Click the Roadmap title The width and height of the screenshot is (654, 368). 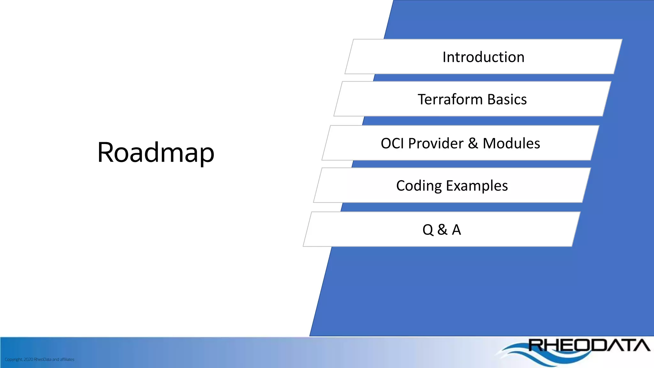point(156,152)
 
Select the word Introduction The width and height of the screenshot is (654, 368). point(483,57)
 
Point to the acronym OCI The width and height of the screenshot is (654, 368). point(392,143)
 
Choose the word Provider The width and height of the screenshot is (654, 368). point(436,143)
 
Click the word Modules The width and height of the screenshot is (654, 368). point(511,143)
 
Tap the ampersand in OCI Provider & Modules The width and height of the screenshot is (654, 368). point(473,143)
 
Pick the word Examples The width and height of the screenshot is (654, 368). point(477,186)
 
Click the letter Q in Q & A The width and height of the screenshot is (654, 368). point(428,230)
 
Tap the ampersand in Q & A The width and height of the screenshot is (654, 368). point(442,230)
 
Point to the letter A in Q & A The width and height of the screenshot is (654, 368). point(456,230)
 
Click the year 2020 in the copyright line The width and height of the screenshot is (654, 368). point(28,359)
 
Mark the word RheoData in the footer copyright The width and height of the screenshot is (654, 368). point(42,359)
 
